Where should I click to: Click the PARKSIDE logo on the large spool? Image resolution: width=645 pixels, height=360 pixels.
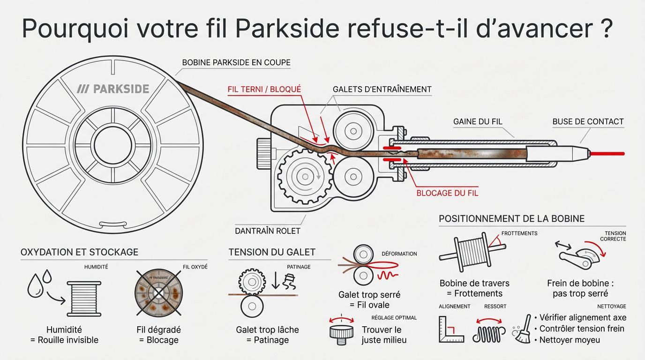[x=113, y=89]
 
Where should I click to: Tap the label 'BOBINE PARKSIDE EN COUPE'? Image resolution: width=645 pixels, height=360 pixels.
[x=236, y=62]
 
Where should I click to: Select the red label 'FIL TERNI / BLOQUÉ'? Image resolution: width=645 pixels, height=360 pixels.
[x=264, y=89]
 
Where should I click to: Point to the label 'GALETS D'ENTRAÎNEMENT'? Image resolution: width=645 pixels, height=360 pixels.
[x=382, y=89]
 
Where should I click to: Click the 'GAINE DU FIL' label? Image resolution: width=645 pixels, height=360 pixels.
[x=478, y=121]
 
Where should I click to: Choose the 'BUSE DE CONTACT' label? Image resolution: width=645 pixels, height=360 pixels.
[x=588, y=121]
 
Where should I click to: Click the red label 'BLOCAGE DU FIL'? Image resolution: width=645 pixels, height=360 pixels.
[x=447, y=193]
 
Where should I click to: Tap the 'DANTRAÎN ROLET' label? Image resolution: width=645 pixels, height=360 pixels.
[x=267, y=231]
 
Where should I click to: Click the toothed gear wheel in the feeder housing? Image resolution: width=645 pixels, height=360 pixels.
[x=305, y=177]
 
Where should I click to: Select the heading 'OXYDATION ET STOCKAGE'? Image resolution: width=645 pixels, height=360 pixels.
[x=79, y=252]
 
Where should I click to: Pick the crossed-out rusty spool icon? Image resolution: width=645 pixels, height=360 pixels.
[x=158, y=293]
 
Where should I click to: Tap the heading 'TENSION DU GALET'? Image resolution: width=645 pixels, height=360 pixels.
[x=272, y=252]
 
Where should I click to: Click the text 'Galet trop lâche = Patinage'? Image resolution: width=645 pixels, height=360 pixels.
[x=267, y=335]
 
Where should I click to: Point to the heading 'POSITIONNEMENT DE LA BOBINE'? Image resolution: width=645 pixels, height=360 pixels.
[x=511, y=219]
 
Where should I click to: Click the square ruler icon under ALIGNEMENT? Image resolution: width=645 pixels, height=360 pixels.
[x=450, y=330]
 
